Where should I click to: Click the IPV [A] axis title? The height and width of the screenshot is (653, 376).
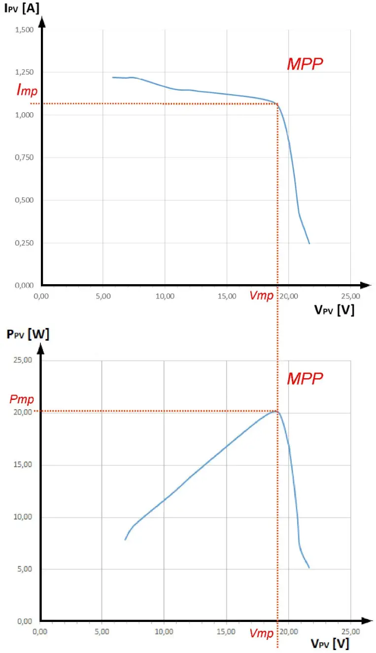point(22,8)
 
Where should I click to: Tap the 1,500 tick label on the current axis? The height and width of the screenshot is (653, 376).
point(24,30)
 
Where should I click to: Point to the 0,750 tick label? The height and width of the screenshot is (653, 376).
point(24,158)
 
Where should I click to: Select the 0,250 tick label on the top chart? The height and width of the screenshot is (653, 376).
point(24,243)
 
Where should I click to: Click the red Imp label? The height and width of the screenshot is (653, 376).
point(27,90)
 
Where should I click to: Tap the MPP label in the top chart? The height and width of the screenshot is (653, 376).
point(305,64)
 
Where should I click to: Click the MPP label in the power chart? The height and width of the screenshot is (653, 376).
point(305,378)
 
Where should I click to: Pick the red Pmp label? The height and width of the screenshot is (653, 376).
point(22,399)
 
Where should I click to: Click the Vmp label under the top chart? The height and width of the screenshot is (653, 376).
point(261,295)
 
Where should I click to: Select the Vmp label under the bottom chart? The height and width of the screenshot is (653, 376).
point(261,633)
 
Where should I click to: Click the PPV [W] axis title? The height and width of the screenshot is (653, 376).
point(28,334)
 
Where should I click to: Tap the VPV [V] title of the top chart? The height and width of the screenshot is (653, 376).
point(334,310)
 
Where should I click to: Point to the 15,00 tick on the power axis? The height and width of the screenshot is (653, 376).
point(23,465)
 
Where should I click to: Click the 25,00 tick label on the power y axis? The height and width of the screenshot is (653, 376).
point(23,360)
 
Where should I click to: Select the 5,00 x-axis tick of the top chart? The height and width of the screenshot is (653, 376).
point(103,296)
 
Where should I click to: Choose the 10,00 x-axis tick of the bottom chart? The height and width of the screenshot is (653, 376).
point(164,632)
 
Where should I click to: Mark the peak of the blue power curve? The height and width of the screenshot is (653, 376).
point(275,411)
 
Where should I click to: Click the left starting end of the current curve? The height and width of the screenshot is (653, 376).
point(112,77)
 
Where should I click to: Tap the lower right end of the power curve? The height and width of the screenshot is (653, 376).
point(309,568)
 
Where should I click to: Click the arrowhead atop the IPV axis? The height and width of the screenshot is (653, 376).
point(42,22)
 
